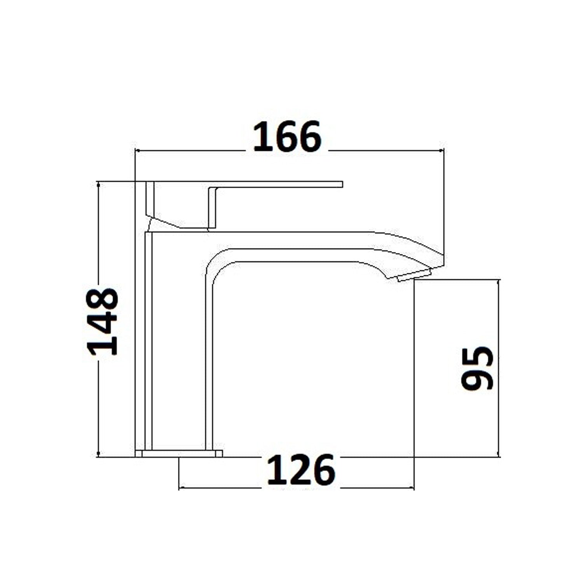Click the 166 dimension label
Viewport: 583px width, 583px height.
click(x=287, y=136)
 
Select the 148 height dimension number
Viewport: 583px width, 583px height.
click(x=103, y=322)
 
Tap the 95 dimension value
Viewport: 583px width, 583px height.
click(x=477, y=368)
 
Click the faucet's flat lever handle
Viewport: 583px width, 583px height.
click(x=272, y=184)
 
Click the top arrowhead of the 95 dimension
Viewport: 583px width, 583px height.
click(x=498, y=282)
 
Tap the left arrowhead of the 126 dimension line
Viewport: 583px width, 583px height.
click(x=181, y=487)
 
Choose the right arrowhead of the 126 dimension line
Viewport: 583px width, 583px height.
click(x=412, y=487)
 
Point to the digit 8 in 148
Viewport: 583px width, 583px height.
click(x=103, y=299)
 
